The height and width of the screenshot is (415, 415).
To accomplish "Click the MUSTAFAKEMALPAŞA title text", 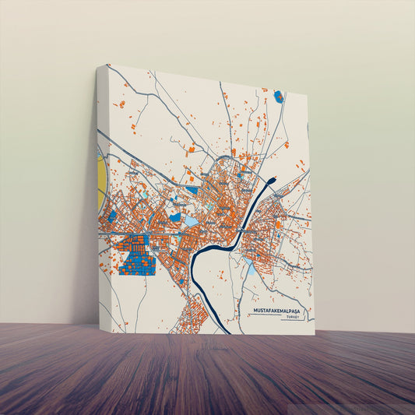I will pos(280,311).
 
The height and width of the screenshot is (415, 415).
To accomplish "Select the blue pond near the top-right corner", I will pos(279,97).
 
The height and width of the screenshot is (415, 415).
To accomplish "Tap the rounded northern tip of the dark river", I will pos(270,181).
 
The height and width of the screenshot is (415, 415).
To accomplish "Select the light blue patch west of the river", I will pos(191,221).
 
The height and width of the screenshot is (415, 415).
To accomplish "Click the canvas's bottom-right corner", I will pos(315,335).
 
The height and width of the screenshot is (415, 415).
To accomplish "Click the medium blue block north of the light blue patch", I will pos(192,190).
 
